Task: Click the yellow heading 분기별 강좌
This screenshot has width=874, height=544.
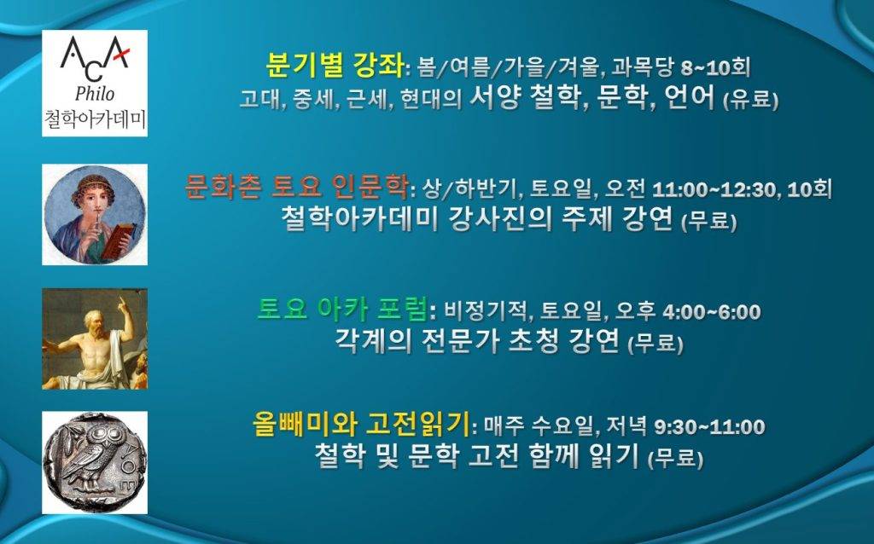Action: tap(335, 66)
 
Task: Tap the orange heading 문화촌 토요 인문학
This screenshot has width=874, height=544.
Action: tap(296, 187)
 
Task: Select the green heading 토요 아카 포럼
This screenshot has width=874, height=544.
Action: tap(341, 309)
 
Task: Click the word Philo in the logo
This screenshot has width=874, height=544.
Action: tap(95, 94)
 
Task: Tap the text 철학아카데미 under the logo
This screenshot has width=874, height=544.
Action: tap(95, 119)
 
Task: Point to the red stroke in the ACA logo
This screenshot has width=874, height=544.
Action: tap(120, 54)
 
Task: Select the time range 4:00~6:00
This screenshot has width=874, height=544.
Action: tap(711, 312)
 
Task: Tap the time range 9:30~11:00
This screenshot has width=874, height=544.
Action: tap(709, 427)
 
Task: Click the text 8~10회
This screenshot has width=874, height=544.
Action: tap(715, 68)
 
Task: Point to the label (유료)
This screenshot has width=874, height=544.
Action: tap(749, 101)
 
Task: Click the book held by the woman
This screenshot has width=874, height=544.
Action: tap(118, 240)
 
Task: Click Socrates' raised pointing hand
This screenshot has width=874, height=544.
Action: tap(121, 304)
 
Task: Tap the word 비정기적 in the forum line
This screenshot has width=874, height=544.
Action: tap(485, 312)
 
